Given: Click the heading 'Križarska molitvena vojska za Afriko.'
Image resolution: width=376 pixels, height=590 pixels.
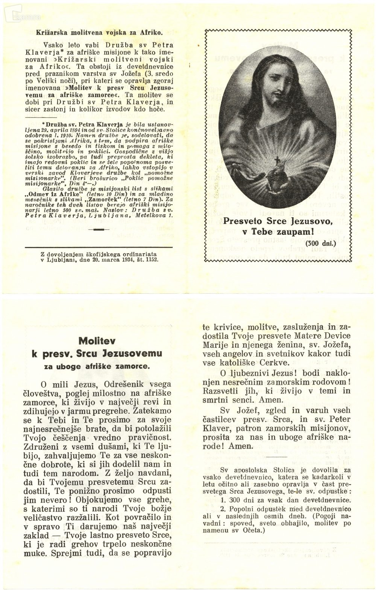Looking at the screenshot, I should click(99, 32).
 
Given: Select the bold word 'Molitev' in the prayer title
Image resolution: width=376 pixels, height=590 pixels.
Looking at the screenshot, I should click(97, 341).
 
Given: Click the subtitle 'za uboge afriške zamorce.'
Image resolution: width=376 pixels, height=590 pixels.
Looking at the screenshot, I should click(97, 366).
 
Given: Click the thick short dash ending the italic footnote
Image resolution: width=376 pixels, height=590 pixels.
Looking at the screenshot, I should click(99, 229).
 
